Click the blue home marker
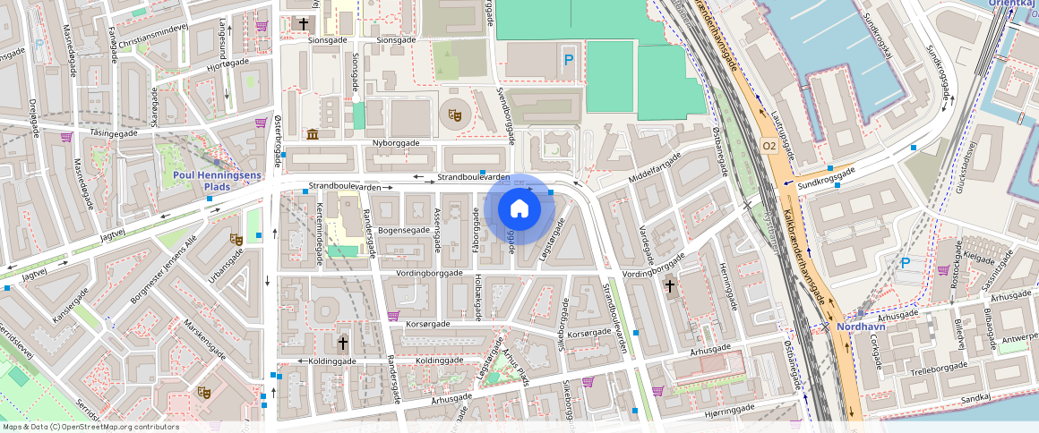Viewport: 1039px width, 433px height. [x=519, y=209]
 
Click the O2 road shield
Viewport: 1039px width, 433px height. [x=769, y=145]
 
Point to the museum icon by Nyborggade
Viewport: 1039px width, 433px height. [x=312, y=134]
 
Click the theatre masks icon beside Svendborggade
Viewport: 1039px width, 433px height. [x=455, y=115]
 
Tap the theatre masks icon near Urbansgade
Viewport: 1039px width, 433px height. [x=236, y=239]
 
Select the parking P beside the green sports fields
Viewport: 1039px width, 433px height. [x=569, y=61]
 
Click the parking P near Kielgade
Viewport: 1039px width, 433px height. [x=906, y=263]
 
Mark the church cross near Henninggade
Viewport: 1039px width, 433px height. [x=669, y=286]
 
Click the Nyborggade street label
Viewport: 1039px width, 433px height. [x=397, y=143]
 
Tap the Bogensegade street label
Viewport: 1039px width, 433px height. [x=404, y=230]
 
